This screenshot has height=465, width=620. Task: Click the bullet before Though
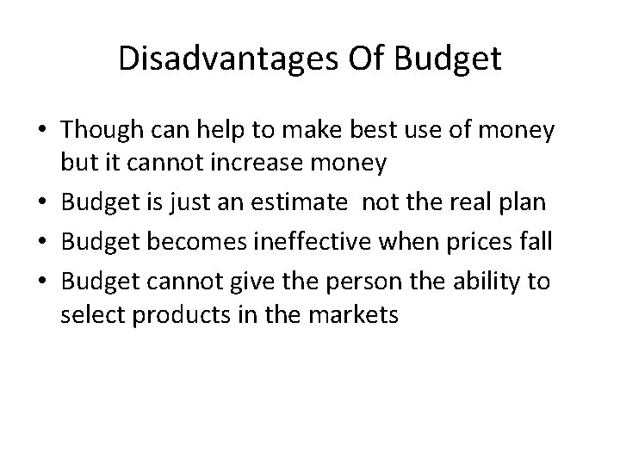click(x=43, y=132)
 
